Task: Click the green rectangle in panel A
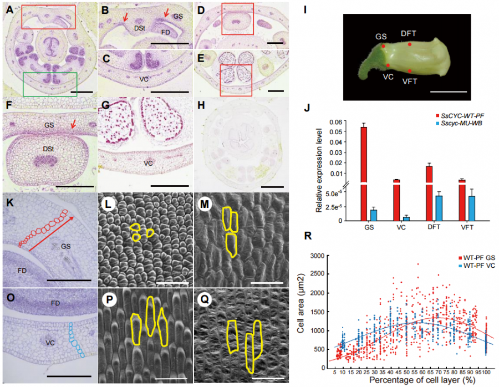click(x=50, y=73)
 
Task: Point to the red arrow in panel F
click(x=72, y=129)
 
